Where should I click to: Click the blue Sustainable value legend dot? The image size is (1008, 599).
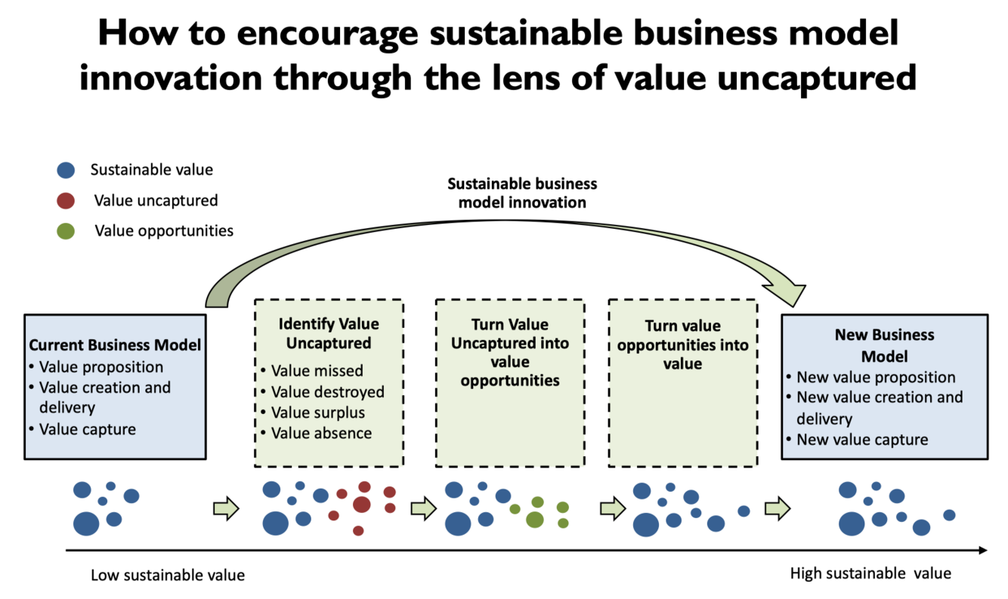(x=66, y=170)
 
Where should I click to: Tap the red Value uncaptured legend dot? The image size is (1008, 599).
(x=66, y=201)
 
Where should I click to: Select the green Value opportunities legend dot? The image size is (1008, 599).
(x=66, y=231)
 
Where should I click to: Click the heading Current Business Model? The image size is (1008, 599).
(x=115, y=345)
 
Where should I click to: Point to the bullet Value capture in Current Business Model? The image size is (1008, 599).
(x=88, y=429)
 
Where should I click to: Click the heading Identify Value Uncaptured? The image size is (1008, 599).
(x=329, y=333)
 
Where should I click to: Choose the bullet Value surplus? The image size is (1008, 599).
(x=318, y=412)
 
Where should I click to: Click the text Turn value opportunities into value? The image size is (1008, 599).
(x=682, y=344)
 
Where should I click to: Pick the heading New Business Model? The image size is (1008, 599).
(x=884, y=345)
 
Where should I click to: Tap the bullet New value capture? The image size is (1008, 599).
(x=862, y=439)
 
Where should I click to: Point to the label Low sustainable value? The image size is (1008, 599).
(x=168, y=575)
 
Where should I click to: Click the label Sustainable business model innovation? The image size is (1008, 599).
(x=522, y=193)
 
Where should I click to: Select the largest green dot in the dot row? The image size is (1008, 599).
(x=535, y=519)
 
